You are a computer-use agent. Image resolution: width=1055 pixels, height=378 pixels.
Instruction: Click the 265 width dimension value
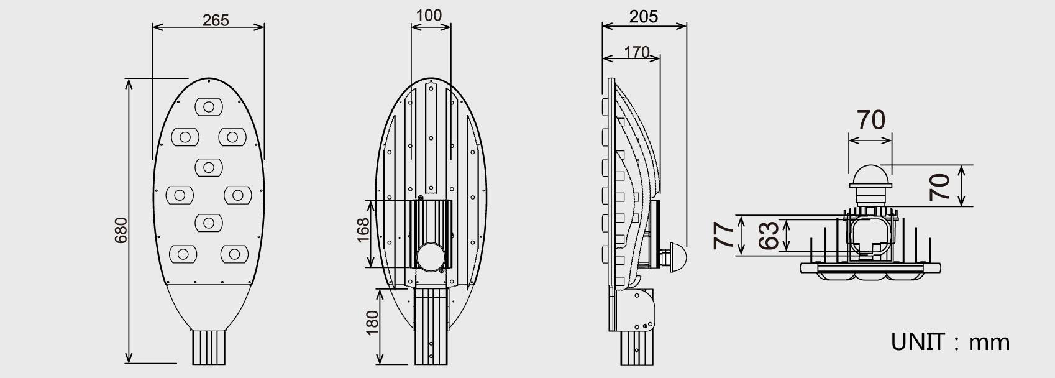215,21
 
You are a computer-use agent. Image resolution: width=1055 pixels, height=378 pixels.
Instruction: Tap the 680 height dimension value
121,230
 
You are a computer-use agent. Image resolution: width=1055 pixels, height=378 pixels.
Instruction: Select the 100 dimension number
429,16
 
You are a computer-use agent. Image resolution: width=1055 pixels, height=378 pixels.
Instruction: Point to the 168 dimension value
363,230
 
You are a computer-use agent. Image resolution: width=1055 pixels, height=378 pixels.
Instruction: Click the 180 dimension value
372,323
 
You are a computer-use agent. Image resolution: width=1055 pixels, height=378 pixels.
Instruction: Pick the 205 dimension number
643,17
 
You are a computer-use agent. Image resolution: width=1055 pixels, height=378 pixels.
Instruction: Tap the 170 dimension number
637,52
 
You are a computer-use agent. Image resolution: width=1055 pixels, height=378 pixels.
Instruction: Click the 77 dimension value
723,236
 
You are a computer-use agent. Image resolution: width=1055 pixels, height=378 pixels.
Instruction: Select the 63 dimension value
768,236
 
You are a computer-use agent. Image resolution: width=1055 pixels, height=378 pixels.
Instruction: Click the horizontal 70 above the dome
871,120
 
